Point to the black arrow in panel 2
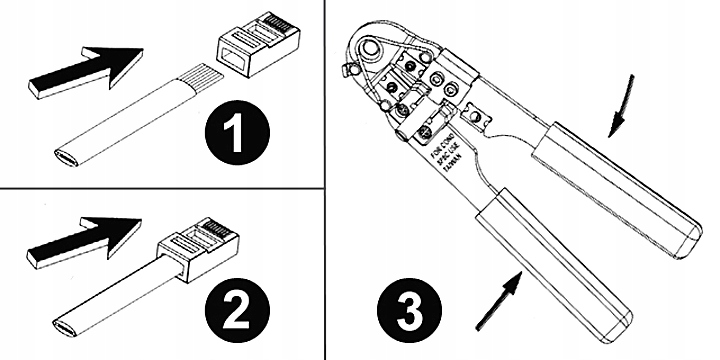(84, 237)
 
